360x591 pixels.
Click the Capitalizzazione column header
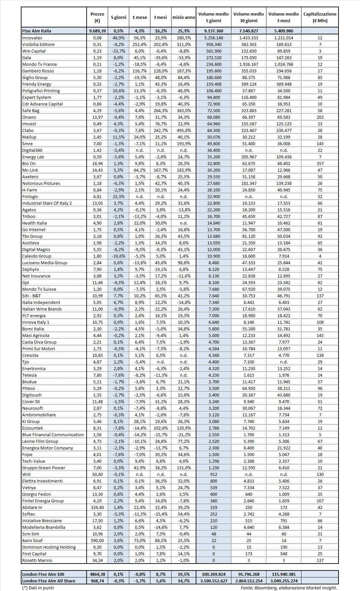click(320, 17)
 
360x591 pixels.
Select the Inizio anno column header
click(183, 17)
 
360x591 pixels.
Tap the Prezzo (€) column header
click(97, 17)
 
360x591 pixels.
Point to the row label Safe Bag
click(31, 110)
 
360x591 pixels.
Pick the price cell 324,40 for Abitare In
click(97, 507)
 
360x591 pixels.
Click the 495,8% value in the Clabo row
click(183, 130)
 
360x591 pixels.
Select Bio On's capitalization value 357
click(320, 163)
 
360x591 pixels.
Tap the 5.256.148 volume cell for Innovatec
click(214, 38)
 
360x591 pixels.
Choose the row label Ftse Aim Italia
click(37, 31)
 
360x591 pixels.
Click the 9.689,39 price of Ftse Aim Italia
click(97, 31)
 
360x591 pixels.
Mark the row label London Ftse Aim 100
click(43, 574)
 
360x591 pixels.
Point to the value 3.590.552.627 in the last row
click(214, 581)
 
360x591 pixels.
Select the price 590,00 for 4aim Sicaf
click(97, 540)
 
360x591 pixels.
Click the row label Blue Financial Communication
click(53, 435)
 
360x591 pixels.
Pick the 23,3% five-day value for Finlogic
click(118, 196)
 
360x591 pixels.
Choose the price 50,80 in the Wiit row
click(97, 474)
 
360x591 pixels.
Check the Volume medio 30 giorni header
click(249, 17)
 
